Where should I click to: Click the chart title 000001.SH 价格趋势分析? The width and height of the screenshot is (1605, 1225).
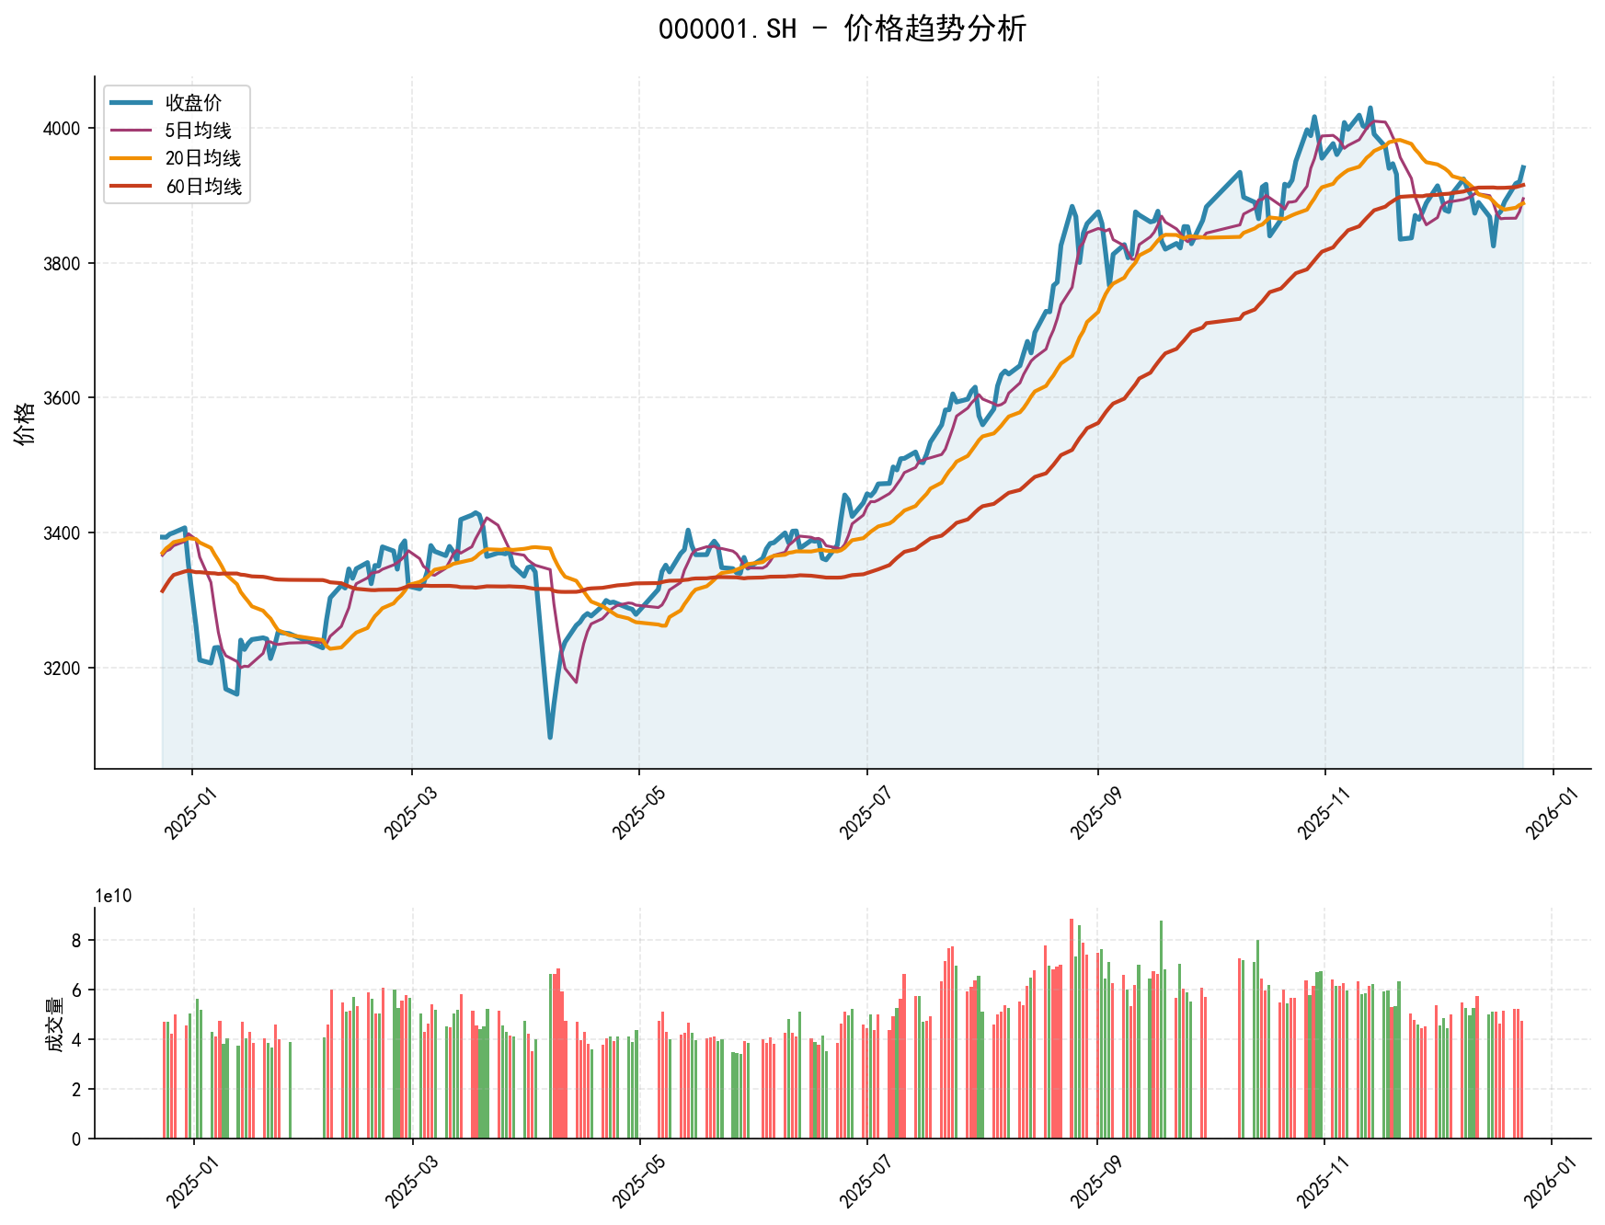pyautogui.click(x=842, y=29)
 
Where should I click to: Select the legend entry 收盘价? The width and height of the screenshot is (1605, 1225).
pyautogui.click(x=193, y=103)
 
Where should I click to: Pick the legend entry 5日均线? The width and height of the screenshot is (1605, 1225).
pyautogui.click(x=198, y=131)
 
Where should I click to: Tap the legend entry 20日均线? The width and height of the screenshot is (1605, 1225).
pyautogui.click(x=202, y=158)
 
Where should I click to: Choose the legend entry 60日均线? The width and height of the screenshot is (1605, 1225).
pyautogui.click(x=202, y=187)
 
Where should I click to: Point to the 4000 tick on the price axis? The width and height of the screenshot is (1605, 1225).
pyautogui.click(x=63, y=129)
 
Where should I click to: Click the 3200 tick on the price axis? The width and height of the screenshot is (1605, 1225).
pyautogui.click(x=63, y=669)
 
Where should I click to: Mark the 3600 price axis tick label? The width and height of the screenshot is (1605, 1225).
pyautogui.click(x=63, y=398)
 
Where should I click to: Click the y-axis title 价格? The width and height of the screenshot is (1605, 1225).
pyautogui.click(x=26, y=423)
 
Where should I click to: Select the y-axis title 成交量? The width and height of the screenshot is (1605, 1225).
pyautogui.click(x=54, y=1025)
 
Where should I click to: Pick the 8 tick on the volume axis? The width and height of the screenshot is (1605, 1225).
pyautogui.click(x=76, y=941)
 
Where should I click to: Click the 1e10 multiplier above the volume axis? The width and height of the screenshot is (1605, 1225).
pyautogui.click(x=113, y=897)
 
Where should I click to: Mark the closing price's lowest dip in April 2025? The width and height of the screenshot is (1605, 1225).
pyautogui.click(x=550, y=737)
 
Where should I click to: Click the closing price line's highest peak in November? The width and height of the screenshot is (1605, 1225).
pyautogui.click(x=1370, y=109)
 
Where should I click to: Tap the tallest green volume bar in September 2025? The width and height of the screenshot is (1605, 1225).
pyautogui.click(x=1161, y=922)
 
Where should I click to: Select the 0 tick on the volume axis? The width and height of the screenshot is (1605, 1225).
pyautogui.click(x=76, y=1139)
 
